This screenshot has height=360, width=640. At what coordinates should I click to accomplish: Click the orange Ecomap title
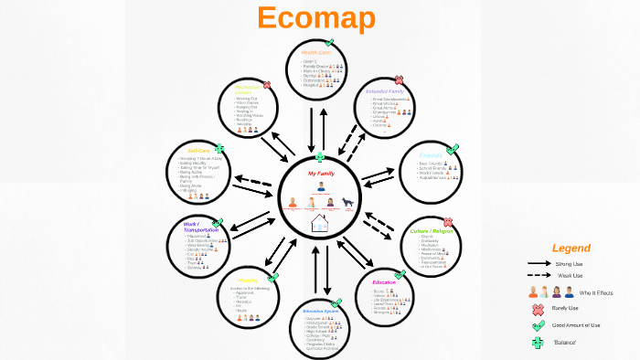[x=317, y=18]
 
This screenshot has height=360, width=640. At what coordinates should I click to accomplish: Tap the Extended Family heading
[x=383, y=91]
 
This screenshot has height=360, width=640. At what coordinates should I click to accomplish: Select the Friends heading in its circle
[x=431, y=155]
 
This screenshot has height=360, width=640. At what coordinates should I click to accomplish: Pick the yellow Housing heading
[x=248, y=281]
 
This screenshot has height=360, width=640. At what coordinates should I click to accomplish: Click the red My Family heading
[x=322, y=173]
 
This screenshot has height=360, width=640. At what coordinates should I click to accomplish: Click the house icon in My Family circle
[x=321, y=223]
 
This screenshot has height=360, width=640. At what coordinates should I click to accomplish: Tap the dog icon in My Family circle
[x=348, y=202]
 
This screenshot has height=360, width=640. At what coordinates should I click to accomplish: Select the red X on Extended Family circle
[x=399, y=80]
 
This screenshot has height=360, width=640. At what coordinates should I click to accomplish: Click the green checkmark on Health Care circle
[x=329, y=43]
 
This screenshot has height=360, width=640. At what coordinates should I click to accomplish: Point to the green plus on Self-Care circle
[x=219, y=146]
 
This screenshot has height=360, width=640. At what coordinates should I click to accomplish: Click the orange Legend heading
[x=571, y=248]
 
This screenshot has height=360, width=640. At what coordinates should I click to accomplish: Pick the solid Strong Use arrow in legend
[x=539, y=263]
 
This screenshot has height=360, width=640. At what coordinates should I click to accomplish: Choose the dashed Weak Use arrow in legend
[x=539, y=274]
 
